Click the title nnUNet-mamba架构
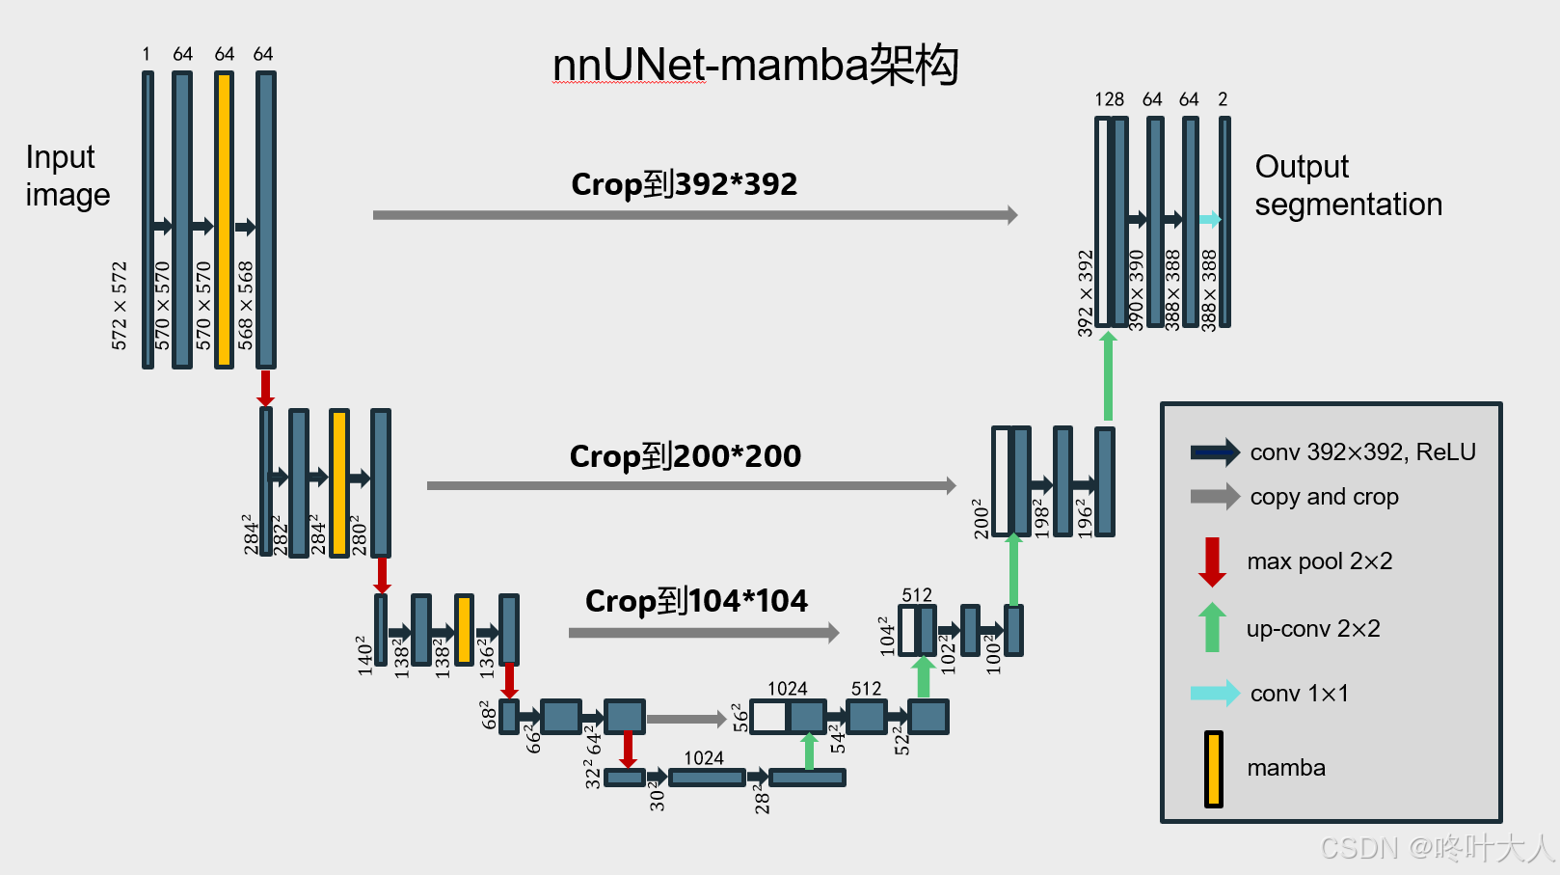755,66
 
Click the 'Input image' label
67,176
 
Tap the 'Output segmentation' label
1348,185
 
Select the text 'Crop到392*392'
684,183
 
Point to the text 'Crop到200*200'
685,455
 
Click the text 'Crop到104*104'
696,601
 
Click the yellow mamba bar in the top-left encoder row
224,219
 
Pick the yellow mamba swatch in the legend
1213,769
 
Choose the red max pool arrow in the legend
1212,561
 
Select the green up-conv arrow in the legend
1212,627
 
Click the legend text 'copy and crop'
1324,497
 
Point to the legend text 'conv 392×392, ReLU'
1362,451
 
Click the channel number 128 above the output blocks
1109,99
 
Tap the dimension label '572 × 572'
120,305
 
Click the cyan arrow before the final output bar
1209,220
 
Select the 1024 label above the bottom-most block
704,758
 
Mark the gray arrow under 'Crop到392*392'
694,215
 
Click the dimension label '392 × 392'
1086,293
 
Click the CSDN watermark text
1436,848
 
